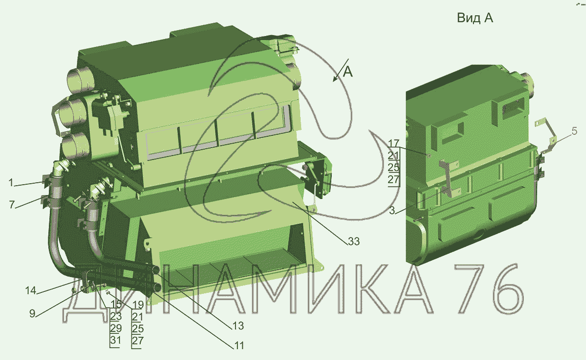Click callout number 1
click(11, 182)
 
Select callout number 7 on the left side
click(12, 204)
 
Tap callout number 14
click(31, 290)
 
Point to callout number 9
click(33, 313)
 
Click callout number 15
click(116, 304)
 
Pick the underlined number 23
click(116, 316)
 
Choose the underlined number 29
click(116, 328)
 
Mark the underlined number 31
click(116, 340)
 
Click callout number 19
click(138, 305)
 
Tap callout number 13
click(238, 326)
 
